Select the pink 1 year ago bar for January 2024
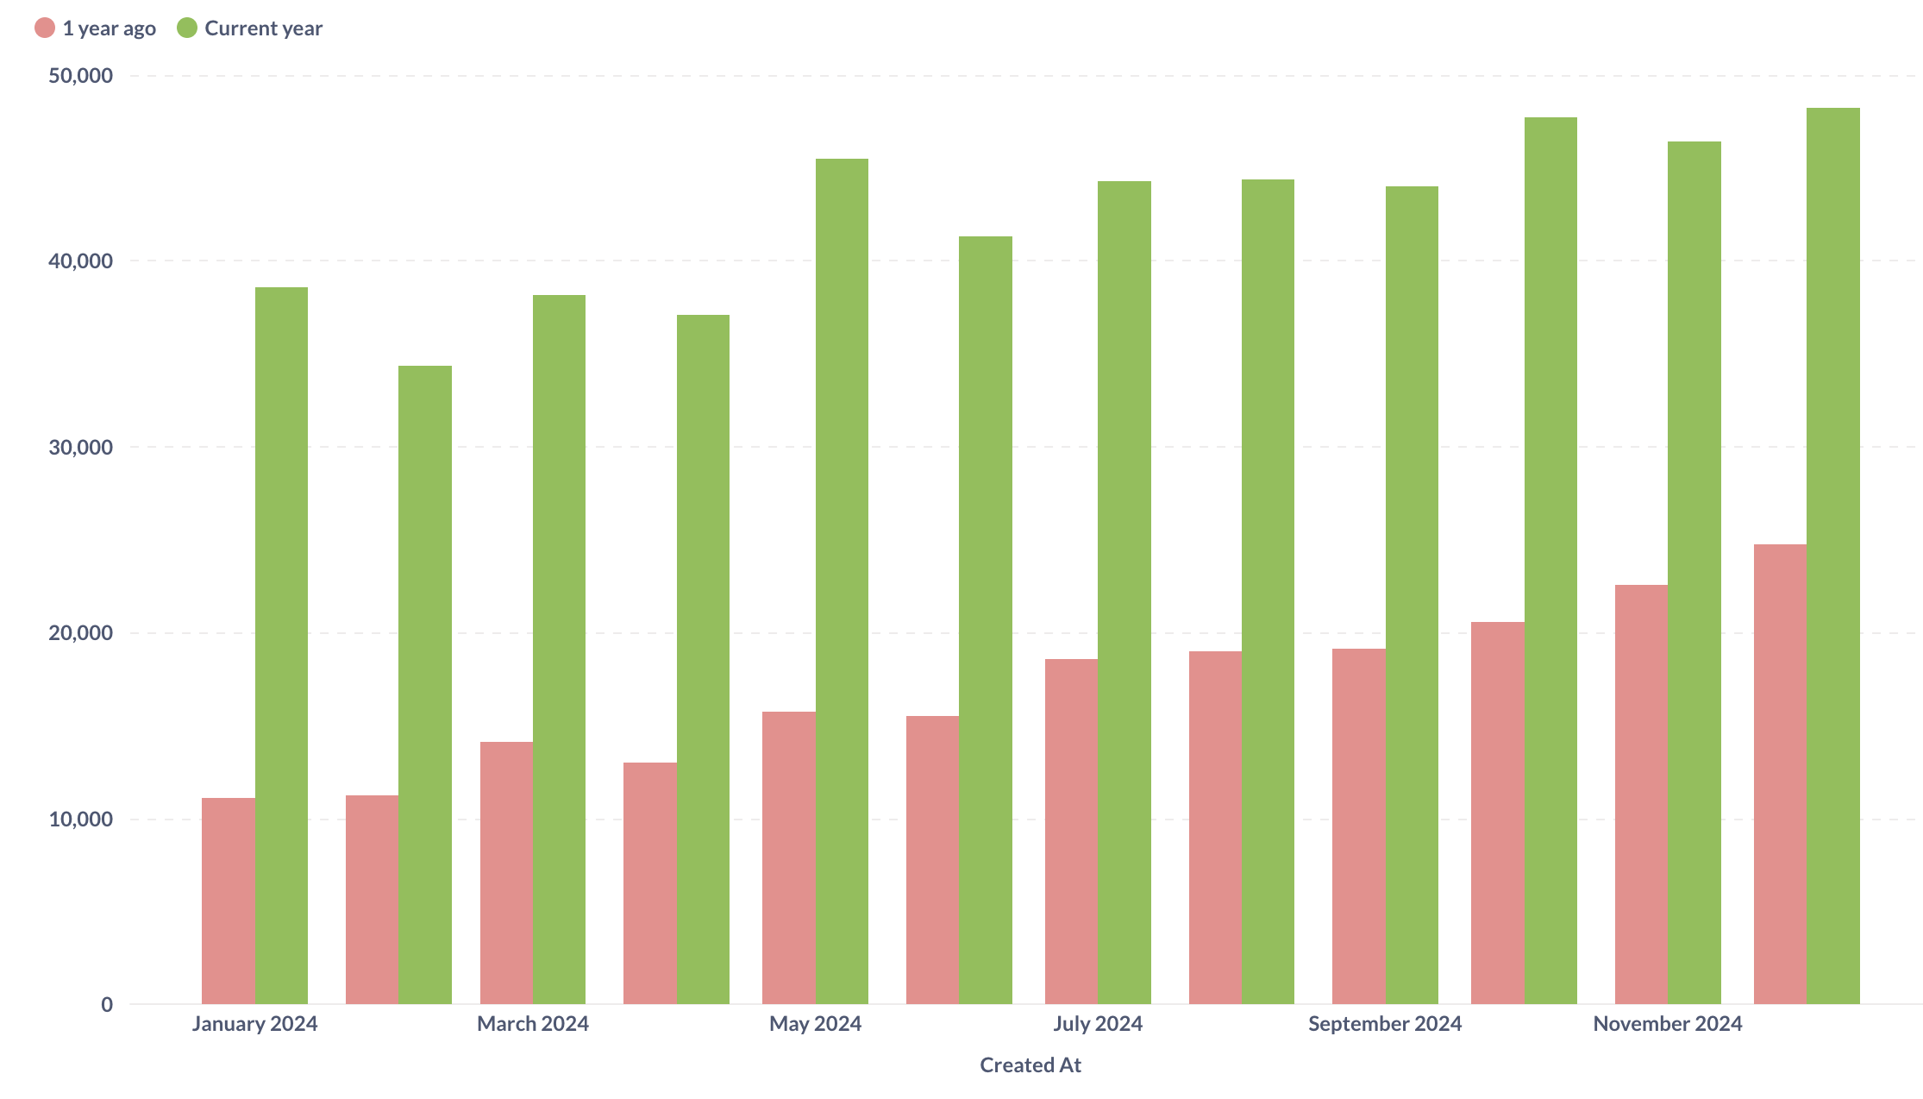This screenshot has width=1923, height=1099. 228,901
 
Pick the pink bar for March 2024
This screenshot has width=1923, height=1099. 506,872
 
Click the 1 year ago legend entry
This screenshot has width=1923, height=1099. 109,28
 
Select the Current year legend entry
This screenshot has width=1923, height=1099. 263,28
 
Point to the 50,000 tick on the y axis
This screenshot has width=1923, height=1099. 81,76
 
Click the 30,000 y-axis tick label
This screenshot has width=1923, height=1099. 81,447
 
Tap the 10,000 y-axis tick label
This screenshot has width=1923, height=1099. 81,819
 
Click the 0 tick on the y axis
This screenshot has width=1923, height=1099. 107,1004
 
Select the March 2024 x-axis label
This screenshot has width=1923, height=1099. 533,1024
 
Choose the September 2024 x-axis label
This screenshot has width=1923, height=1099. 1385,1024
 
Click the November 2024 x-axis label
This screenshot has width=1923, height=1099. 1667,1024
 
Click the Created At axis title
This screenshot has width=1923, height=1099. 1030,1065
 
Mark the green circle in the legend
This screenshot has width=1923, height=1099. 187,28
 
